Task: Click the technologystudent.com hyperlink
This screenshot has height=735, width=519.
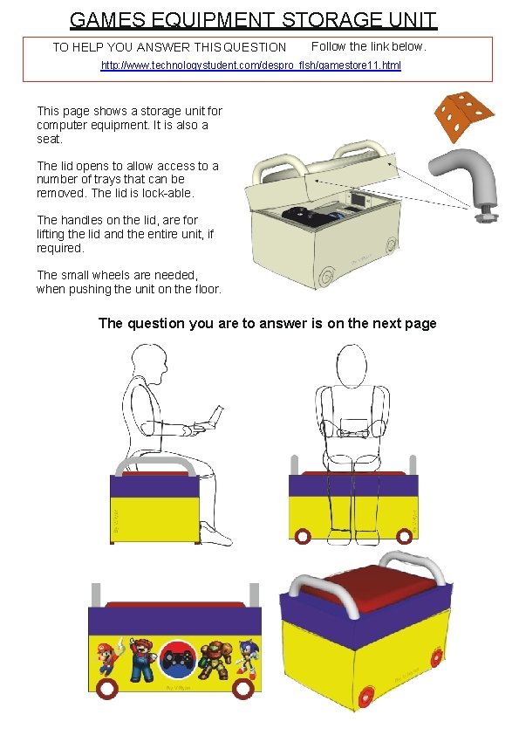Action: click(x=251, y=65)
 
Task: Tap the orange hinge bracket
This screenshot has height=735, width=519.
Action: click(x=463, y=115)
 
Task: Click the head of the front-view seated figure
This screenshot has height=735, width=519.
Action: click(x=352, y=366)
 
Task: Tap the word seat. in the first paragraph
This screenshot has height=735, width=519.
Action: click(x=50, y=139)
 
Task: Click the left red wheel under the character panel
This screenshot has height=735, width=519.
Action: click(x=107, y=688)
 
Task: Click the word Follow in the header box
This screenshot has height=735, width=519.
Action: click(x=329, y=46)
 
